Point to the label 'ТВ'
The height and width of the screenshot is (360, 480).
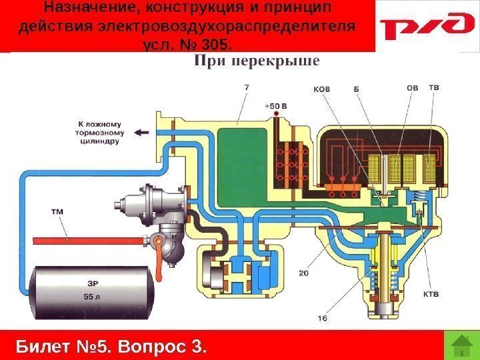tap(434, 87)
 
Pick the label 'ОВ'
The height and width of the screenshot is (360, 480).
tap(413, 87)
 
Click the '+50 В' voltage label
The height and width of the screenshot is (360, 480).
tap(275, 105)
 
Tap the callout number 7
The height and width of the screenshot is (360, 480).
tap(247, 87)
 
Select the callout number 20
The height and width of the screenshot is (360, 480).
tap(303, 273)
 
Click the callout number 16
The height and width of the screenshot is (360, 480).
tap(322, 319)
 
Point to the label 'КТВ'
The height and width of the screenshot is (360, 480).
tap(431, 293)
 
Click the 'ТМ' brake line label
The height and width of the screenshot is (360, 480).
tap(58, 213)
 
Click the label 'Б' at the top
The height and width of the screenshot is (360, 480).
tap(357, 88)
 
